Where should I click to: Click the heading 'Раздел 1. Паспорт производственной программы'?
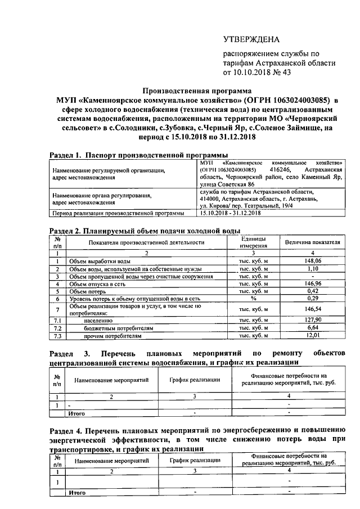[x=139, y=155]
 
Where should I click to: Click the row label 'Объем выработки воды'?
[x=100, y=262]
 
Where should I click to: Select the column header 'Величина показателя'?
[x=312, y=242]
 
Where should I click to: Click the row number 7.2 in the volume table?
[x=57, y=327]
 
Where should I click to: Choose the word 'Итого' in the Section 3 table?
[x=76, y=413]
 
